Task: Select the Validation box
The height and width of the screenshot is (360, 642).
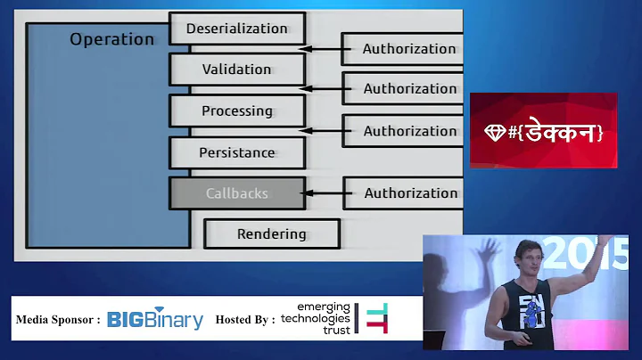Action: click(236, 70)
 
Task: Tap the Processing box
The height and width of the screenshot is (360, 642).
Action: click(236, 111)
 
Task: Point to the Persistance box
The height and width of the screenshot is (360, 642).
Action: click(236, 152)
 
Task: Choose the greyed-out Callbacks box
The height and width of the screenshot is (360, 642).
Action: click(236, 192)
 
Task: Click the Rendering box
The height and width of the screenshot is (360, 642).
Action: click(272, 234)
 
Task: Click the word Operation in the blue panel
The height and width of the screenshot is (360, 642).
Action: click(112, 39)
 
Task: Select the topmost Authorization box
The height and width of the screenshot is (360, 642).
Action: click(408, 49)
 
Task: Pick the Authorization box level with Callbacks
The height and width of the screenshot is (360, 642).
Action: click(410, 192)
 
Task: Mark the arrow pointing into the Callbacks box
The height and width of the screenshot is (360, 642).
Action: click(324, 192)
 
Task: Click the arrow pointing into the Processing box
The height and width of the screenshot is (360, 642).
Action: click(324, 131)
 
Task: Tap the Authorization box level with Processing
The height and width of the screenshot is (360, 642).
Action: click(409, 131)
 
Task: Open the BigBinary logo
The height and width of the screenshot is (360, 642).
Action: click(155, 320)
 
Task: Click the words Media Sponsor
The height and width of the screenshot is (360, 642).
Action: click(58, 320)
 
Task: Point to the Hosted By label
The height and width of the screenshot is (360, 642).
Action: click(245, 320)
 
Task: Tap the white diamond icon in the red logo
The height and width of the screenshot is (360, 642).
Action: click(495, 133)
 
